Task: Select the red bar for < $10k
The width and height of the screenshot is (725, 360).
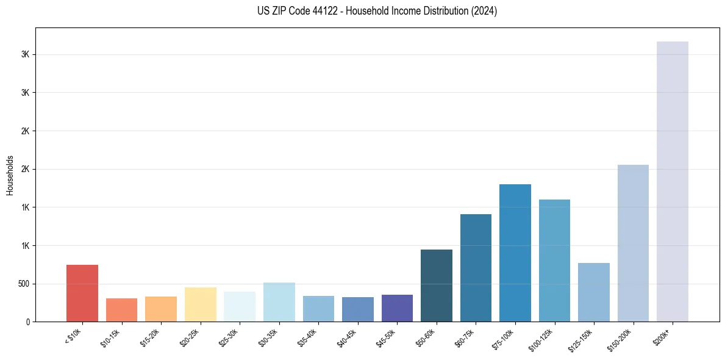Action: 82,293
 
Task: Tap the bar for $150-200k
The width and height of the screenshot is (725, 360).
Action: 633,243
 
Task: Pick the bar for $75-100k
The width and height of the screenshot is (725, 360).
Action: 515,253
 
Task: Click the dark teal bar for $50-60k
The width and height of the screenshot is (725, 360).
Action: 437,286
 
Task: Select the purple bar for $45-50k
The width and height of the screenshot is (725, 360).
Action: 397,308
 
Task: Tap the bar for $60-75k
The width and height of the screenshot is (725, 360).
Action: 476,268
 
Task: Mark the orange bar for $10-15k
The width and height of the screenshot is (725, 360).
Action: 121,310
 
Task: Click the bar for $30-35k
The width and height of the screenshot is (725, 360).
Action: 279,302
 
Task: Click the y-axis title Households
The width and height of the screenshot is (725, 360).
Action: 10,175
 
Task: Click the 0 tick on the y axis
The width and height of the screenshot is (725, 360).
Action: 27,322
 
